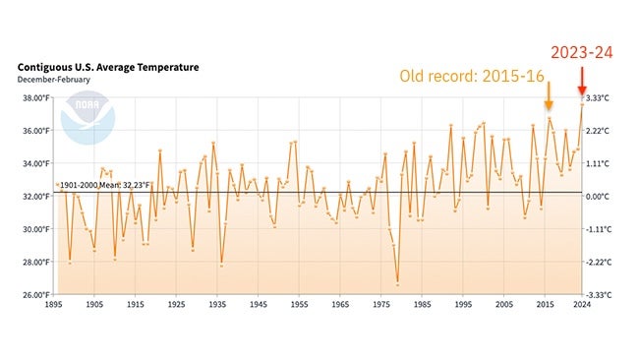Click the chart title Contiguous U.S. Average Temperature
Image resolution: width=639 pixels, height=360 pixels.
tap(108, 67)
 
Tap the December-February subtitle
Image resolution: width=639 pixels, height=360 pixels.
tap(53, 80)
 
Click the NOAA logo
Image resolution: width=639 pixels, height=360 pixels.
tap(81, 116)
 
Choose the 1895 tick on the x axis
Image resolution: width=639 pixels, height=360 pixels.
tap(55, 306)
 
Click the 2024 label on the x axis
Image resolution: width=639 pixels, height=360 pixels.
tap(582, 306)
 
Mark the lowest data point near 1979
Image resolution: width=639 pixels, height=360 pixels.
tap(398, 284)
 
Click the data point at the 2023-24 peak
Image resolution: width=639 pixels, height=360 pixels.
tap(582, 102)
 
